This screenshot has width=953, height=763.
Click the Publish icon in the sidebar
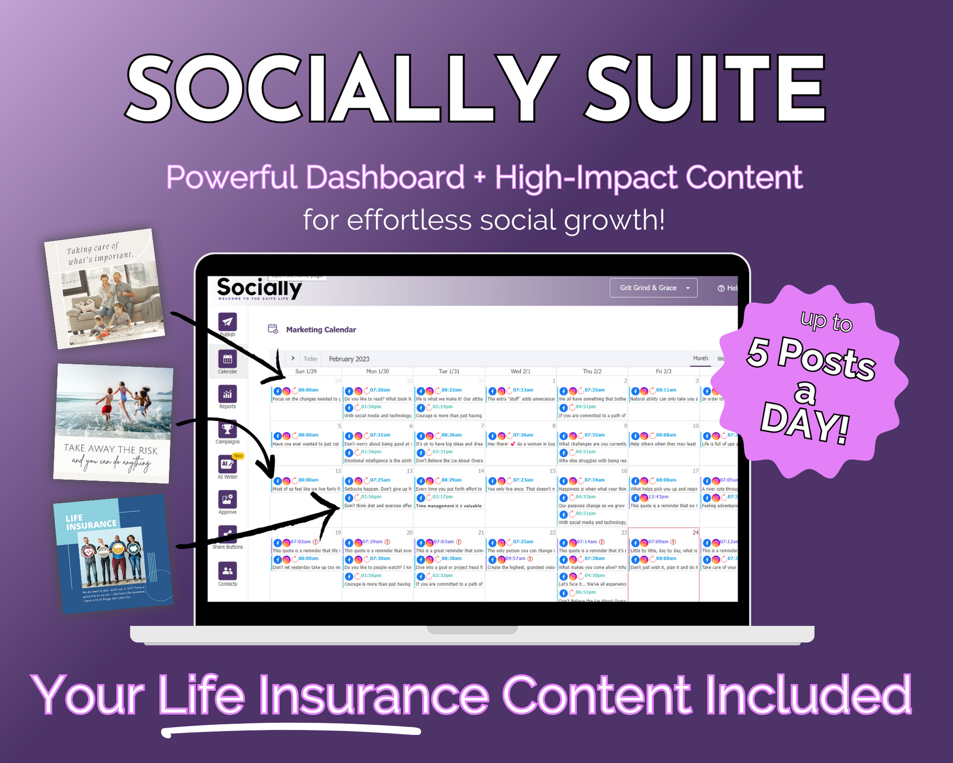tap(227, 322)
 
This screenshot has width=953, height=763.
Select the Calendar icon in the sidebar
tap(227, 360)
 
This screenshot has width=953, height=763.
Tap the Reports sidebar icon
tap(227, 394)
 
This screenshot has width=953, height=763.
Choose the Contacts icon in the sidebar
tap(227, 571)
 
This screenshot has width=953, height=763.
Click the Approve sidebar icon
tap(227, 500)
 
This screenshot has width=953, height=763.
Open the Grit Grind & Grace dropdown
tap(653, 288)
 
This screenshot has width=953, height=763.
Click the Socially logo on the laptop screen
tap(259, 289)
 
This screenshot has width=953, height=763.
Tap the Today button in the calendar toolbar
tap(310, 359)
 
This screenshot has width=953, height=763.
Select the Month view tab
tap(700, 359)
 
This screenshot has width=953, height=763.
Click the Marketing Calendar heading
tap(321, 330)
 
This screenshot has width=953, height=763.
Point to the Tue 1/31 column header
tap(449, 371)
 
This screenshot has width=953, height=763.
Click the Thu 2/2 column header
tap(592, 371)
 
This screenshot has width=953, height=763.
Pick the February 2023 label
tap(349, 359)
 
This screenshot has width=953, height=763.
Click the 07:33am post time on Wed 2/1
tap(523, 390)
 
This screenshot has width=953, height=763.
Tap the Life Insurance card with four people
tap(113, 554)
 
